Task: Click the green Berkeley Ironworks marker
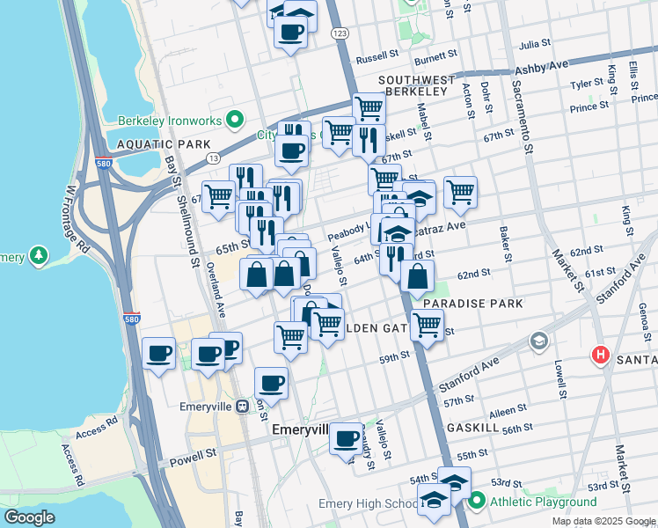tap(235, 119)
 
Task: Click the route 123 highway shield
tap(340, 33)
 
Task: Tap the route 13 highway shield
tap(213, 158)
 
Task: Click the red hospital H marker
tap(601, 356)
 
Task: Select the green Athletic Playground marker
tap(477, 502)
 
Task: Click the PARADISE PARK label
tap(472, 304)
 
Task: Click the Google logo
tap(29, 517)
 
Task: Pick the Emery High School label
tap(369, 503)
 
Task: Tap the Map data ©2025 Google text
tap(603, 521)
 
